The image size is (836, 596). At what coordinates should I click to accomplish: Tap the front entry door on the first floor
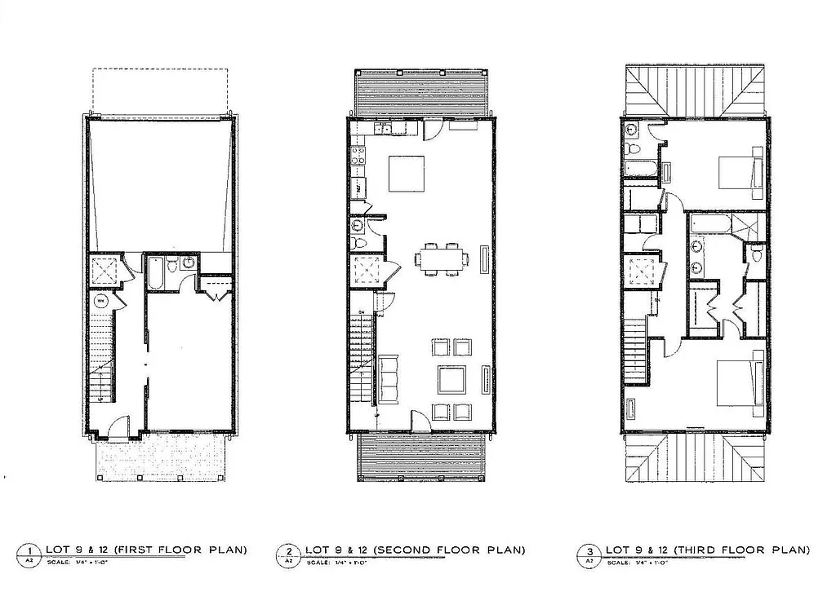coord(119,426)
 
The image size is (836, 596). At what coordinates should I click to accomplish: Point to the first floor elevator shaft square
coord(104,269)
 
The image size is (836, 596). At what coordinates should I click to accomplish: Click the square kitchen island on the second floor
coord(406,174)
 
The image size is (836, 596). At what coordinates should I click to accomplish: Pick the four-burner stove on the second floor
coord(358,157)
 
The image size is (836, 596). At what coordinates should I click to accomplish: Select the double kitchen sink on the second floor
coord(382,128)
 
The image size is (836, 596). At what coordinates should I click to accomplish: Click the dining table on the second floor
coord(442,259)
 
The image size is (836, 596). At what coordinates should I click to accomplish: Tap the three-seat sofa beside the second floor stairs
coord(388,379)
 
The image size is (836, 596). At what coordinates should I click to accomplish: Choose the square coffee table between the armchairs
coord(451,379)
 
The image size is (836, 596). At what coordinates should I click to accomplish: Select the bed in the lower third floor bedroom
coord(738,382)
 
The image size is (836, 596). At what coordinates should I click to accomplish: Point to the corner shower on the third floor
coord(748,225)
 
